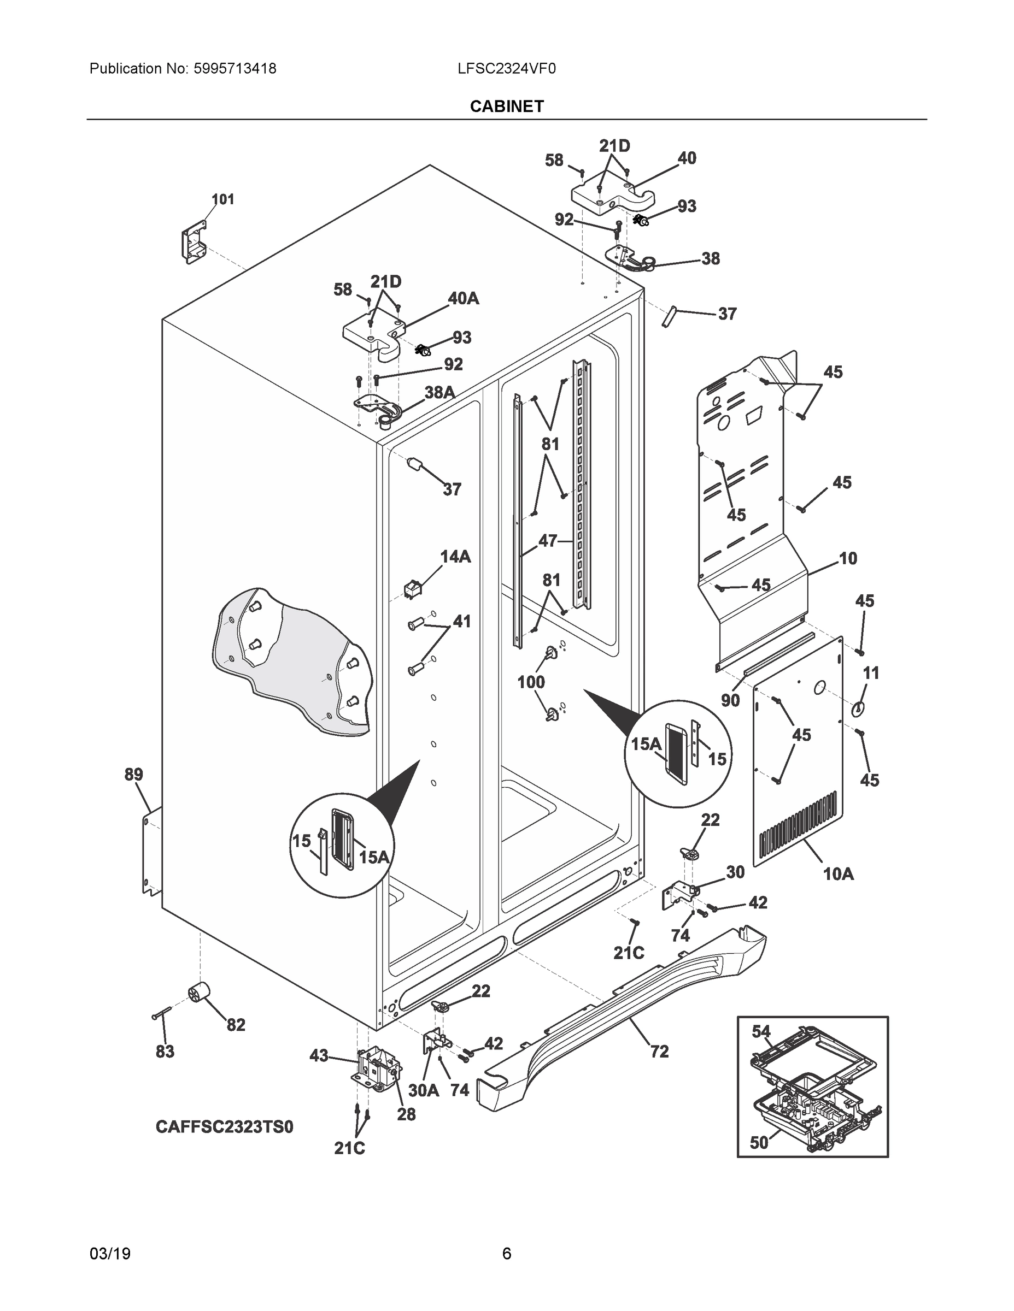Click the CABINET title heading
coord(506,107)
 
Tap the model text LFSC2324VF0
coord(506,69)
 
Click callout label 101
coord(223,199)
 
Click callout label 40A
coord(463,298)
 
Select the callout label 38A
coord(439,393)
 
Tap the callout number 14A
coord(455,557)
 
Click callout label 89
coord(133,775)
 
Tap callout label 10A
coord(838,875)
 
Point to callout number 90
coord(730,700)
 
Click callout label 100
coord(531,682)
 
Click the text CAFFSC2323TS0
coord(225,1127)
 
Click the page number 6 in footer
coord(506,1254)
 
